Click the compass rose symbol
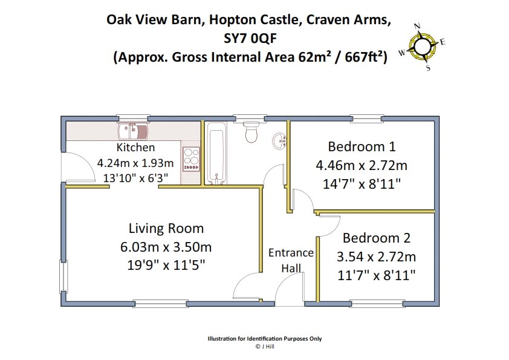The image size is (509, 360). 423,46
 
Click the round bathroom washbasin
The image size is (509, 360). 280,142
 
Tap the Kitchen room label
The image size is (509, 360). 135,148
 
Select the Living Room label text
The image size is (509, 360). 166,229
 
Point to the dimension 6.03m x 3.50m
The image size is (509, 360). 166,247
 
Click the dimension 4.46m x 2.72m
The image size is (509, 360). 361,165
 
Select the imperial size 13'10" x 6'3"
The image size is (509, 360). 135,178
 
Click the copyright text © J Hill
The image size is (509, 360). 265,347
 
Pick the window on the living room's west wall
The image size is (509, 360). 62,278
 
